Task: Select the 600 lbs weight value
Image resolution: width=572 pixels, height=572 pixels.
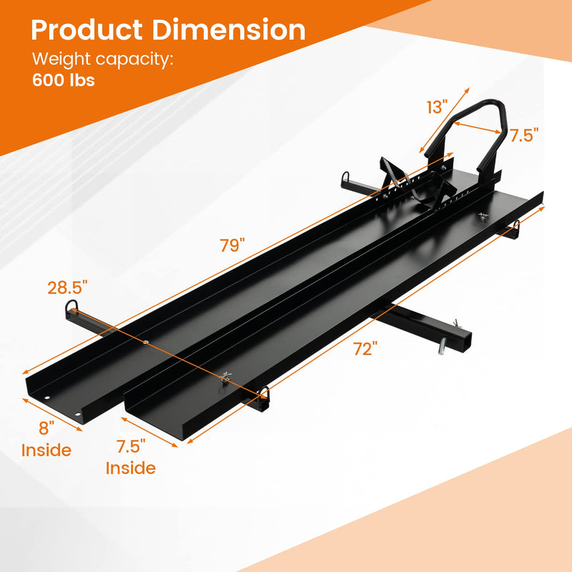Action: tap(63, 79)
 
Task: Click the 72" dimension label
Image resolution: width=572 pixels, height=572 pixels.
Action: tap(365, 349)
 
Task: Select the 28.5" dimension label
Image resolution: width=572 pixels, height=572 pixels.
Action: tap(69, 287)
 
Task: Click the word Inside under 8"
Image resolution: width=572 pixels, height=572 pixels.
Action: tap(46, 450)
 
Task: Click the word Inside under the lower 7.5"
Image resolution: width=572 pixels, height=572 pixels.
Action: tap(131, 468)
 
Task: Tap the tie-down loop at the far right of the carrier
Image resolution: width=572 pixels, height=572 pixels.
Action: tap(514, 230)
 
